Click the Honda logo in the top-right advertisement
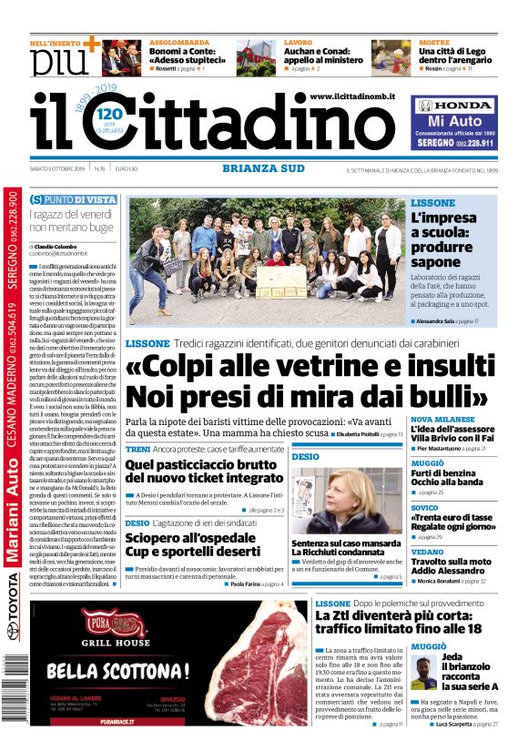pos(453,106)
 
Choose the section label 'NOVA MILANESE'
pos(445,420)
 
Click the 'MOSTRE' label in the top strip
pos(434,43)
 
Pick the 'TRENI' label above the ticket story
pos(137,450)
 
